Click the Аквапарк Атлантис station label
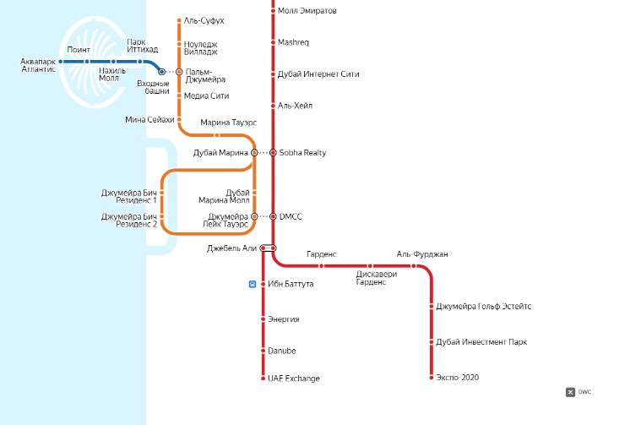[x=38, y=65]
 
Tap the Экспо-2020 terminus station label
[x=457, y=378]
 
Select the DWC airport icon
[x=570, y=391]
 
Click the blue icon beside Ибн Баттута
[x=253, y=284]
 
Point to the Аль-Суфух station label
[x=204, y=19]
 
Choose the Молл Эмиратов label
[x=307, y=11]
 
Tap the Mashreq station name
[x=294, y=41]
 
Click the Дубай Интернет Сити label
[x=318, y=74]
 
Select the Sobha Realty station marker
[x=273, y=153]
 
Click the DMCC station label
[x=291, y=216]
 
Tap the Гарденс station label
[x=321, y=253]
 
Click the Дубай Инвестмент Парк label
[x=481, y=341]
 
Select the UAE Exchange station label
[x=294, y=379]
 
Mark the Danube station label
[x=282, y=350]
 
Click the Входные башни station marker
[x=162, y=73]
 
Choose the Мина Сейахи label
[x=149, y=120]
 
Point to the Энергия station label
[x=284, y=319]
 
